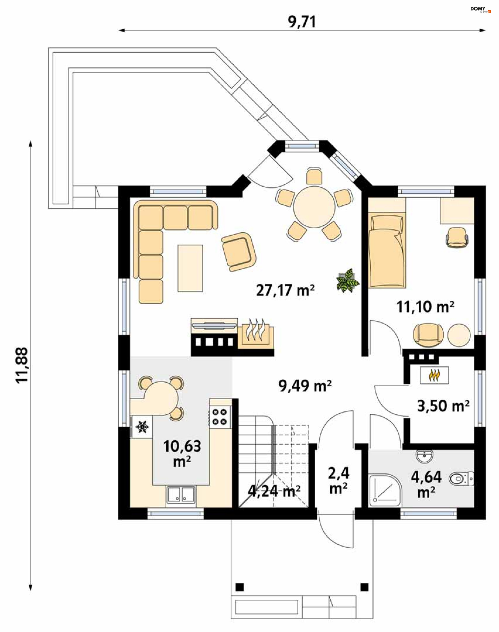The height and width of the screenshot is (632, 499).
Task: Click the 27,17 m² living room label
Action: (x=285, y=291)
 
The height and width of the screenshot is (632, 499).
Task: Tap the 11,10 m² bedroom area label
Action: (x=425, y=307)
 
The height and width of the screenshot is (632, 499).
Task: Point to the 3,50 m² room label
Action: (x=443, y=406)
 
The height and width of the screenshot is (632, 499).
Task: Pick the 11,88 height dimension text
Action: (x=22, y=365)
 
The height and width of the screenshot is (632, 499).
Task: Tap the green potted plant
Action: (x=348, y=280)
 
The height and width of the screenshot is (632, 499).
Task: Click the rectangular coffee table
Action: (x=190, y=268)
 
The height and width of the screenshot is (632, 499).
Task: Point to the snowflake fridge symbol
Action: (x=142, y=427)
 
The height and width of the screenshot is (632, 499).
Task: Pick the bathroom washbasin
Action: (x=424, y=456)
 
